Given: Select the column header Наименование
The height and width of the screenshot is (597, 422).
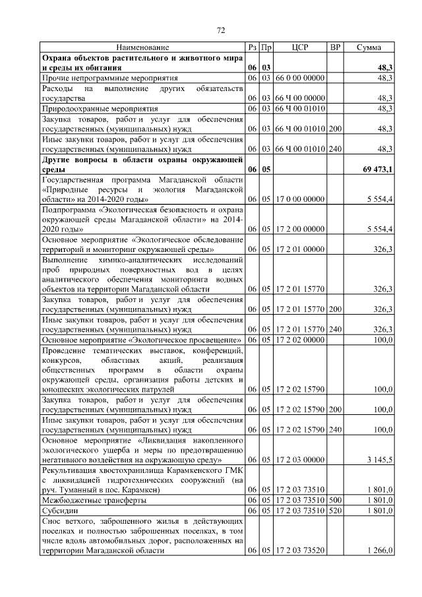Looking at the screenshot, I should [x=142, y=47].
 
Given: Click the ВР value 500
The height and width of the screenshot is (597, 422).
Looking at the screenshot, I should [x=335, y=500].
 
